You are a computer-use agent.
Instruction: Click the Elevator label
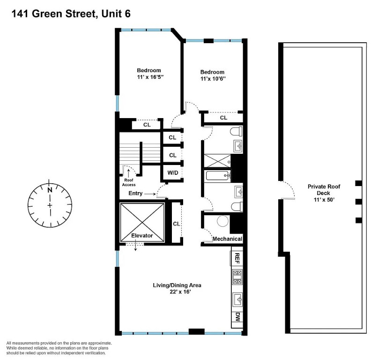coord(142,235)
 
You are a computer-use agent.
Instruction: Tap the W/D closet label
coord(173,173)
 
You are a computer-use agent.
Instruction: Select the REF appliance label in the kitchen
coord(237,258)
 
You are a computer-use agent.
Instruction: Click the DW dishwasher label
coord(237,317)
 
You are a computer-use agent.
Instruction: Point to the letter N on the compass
coord(50,190)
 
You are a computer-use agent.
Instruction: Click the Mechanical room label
coord(227,239)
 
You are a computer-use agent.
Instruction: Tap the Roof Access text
coord(129,182)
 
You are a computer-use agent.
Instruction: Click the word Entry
coord(135,194)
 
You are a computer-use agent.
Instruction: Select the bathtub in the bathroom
coord(218,176)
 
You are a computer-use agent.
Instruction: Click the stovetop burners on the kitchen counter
coord(237,277)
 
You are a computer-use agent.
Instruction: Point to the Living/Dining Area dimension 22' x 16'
coord(180,292)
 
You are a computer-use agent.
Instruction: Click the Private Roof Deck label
coord(324,190)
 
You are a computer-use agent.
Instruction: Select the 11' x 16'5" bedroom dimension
coord(150,77)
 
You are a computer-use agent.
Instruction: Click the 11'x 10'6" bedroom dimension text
coord(213,79)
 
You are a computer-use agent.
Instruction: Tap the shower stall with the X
coord(217,161)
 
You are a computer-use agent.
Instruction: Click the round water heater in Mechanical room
coord(223,221)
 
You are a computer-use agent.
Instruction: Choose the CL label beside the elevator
coord(177,224)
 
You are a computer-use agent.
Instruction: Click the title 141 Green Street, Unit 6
coord(71,14)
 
